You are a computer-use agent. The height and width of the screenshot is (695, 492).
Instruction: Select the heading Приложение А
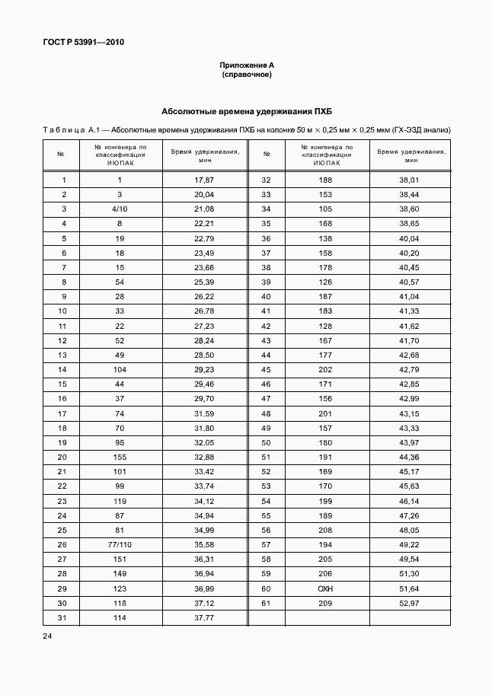(x=246, y=66)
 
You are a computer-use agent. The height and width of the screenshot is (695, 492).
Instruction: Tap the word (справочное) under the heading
(x=246, y=75)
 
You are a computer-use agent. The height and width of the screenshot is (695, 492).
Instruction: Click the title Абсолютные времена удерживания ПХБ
(x=246, y=112)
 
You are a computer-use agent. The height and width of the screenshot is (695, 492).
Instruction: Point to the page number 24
(x=48, y=634)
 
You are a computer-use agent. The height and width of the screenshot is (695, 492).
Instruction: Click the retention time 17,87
(x=204, y=180)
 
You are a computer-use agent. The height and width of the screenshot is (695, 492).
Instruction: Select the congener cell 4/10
(x=120, y=209)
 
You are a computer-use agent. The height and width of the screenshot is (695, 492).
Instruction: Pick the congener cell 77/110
(x=120, y=544)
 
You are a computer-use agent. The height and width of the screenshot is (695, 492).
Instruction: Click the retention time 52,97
(x=410, y=603)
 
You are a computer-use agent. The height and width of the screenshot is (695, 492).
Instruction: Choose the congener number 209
(x=326, y=603)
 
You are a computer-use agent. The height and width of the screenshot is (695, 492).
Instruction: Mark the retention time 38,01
(x=410, y=180)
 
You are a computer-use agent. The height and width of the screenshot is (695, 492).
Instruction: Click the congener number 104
(x=120, y=369)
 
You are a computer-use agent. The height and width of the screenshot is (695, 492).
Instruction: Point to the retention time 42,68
(x=410, y=355)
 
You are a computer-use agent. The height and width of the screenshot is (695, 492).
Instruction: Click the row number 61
(x=267, y=603)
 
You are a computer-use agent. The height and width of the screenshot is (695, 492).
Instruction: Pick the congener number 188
(x=326, y=180)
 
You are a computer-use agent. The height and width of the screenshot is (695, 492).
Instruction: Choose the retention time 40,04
(x=410, y=238)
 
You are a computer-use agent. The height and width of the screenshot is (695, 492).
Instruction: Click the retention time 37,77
(x=204, y=617)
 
